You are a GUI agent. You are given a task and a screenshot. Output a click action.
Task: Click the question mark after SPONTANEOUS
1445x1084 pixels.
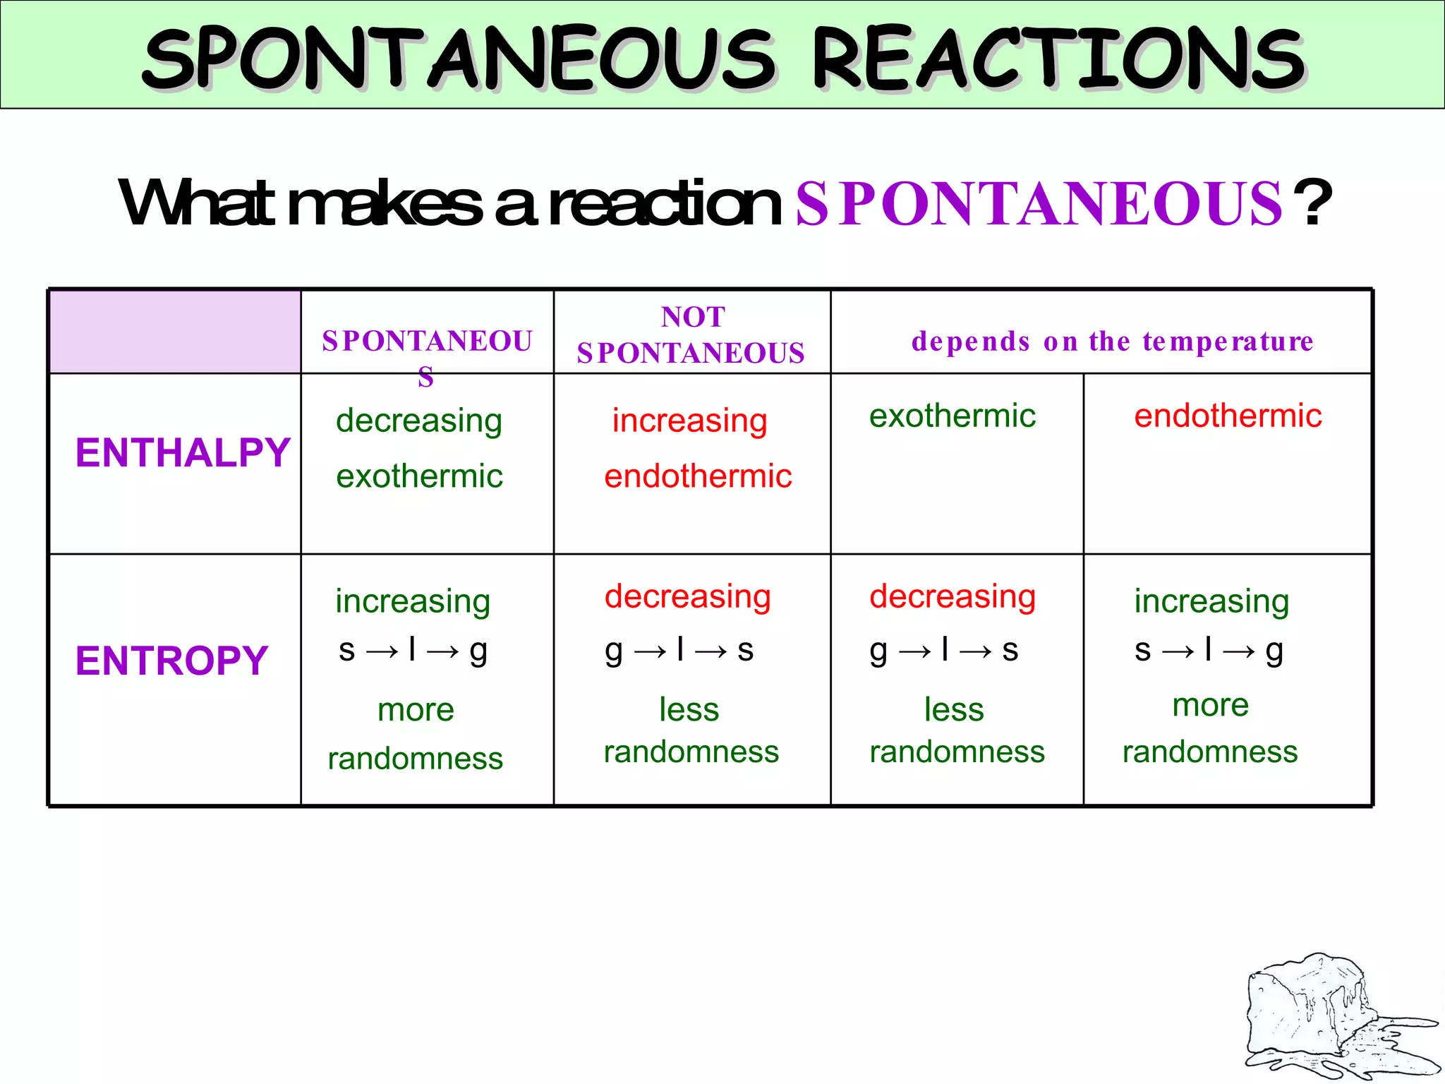tap(1314, 204)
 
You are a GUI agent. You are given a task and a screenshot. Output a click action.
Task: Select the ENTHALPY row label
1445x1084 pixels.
tap(183, 452)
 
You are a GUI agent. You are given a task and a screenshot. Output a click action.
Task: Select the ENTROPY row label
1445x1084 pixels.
tap(171, 661)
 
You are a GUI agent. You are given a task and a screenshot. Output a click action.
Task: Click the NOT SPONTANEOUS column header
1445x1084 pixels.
tap(691, 335)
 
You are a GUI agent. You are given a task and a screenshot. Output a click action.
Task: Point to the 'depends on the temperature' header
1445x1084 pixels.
tap(1112, 342)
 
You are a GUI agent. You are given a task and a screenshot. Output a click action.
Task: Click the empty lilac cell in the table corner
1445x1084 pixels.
tap(175, 332)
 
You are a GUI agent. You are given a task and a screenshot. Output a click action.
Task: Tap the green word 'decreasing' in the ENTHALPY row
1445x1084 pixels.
tap(419, 421)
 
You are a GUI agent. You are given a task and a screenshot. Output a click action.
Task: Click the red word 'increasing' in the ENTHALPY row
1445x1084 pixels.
tap(689, 421)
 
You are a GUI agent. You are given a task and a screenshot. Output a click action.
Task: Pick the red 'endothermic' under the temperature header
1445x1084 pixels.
tap(1228, 416)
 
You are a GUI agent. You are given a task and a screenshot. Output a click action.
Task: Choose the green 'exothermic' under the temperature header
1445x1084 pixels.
tap(953, 416)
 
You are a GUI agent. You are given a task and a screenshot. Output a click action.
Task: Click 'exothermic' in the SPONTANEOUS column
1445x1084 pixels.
tap(419, 476)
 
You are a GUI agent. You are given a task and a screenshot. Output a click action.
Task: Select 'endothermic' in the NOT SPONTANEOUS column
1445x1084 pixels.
tap(698, 476)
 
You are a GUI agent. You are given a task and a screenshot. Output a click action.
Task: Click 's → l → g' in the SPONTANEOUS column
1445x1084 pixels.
tap(413, 650)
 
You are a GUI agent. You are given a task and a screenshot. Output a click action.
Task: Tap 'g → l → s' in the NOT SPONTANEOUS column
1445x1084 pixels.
tap(679, 650)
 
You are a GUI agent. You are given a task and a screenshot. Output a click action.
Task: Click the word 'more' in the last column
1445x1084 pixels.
tap(1210, 705)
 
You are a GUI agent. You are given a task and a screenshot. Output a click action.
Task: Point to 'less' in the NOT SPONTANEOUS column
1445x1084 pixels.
tap(689, 709)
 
